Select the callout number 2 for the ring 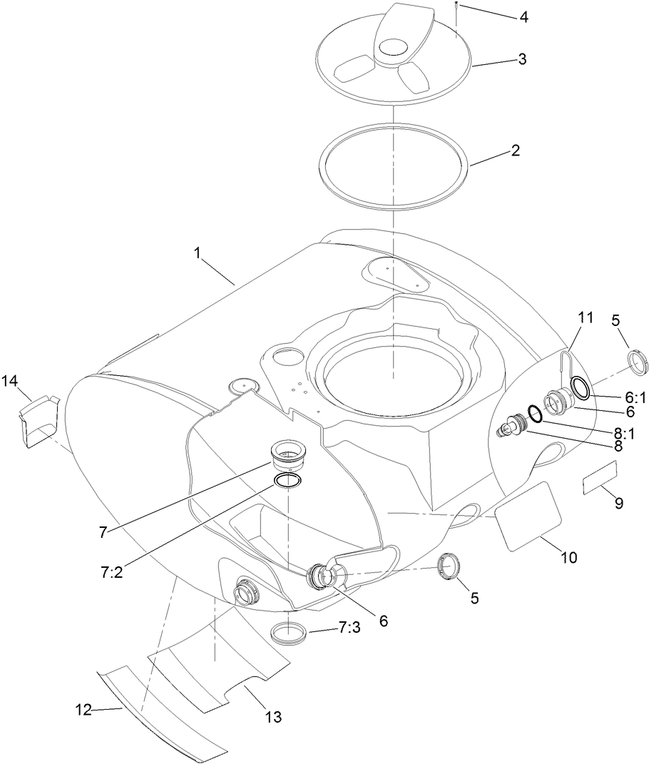point(516,151)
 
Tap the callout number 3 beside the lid point(522,59)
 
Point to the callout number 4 point(524,16)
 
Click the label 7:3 point(349,628)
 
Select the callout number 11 point(585,317)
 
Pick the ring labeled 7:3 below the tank point(289,633)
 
